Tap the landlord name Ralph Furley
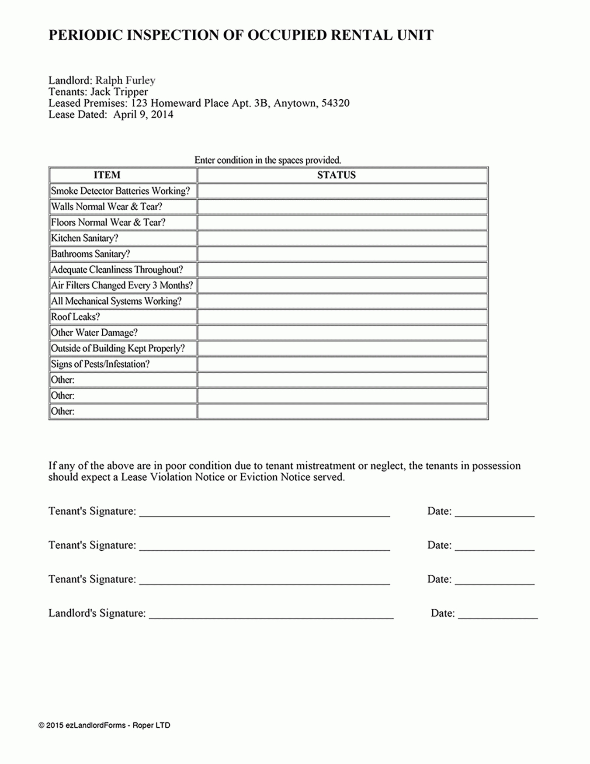pos(125,80)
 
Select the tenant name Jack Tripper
pos(119,92)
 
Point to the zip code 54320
pos(335,103)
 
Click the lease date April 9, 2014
pos(143,115)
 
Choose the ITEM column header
pos(107,175)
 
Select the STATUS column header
pos(337,175)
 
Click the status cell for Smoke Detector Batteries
pos(342,191)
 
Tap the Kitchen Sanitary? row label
pos(85,238)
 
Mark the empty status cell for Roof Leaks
pos(342,317)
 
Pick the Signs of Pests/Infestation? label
pos(100,364)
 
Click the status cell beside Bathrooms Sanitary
pos(342,254)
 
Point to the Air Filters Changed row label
pos(121,285)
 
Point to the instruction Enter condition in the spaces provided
pos(267,160)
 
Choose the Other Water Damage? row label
pos(94,333)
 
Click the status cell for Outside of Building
pos(342,348)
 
